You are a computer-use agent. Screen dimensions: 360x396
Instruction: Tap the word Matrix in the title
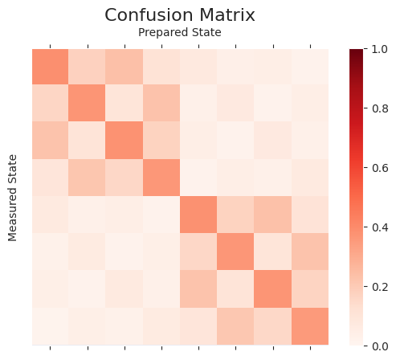[x=225, y=15]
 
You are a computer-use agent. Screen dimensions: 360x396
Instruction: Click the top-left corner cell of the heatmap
[x=50, y=67]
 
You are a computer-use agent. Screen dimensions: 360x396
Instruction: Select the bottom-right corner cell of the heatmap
[x=310, y=326]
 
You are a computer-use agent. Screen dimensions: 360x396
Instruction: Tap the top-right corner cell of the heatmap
[x=310, y=67]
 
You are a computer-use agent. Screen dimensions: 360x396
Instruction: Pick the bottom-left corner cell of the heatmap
[x=50, y=326]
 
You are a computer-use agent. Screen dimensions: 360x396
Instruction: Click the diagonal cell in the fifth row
[x=198, y=215]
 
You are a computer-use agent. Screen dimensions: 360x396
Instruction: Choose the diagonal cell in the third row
[x=125, y=141]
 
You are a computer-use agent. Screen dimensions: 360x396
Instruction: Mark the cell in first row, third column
[x=125, y=67]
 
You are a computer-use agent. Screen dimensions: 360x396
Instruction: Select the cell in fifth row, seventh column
[x=273, y=215]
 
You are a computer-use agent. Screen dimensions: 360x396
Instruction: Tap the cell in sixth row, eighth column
[x=310, y=252]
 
